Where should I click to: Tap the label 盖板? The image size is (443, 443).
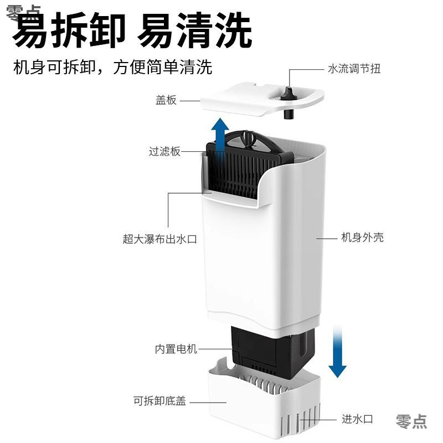166,100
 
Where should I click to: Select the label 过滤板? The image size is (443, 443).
164,151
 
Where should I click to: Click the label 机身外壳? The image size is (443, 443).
362,238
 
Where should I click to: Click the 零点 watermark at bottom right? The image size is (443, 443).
411,420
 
